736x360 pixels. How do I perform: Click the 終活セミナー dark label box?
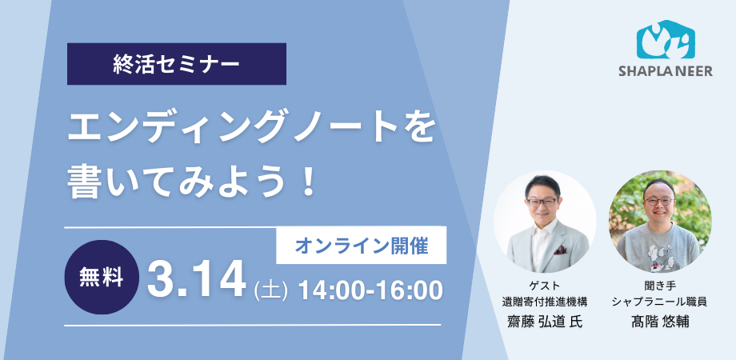tap(177, 64)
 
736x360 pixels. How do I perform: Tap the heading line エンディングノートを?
tap(252, 128)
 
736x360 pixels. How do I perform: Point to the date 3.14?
tap(196, 281)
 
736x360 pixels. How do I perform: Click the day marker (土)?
tap(270, 290)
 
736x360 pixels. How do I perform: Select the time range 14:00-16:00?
tap(370, 290)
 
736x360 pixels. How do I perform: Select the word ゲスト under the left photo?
tap(545, 286)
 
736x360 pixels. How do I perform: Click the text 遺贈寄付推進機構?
tap(545, 302)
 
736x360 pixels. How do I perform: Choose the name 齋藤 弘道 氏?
tap(545, 321)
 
